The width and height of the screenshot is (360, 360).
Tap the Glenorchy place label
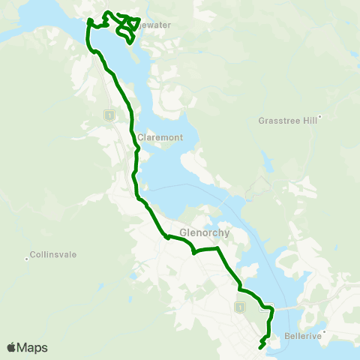(204, 232)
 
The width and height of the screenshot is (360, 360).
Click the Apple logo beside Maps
(11, 347)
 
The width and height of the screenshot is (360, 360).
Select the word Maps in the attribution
(32, 347)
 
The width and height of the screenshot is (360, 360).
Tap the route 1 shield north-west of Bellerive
(240, 307)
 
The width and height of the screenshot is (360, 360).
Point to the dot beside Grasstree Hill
(319, 117)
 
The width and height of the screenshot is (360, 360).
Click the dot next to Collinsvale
(28, 253)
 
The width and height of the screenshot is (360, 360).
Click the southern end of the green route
(260, 347)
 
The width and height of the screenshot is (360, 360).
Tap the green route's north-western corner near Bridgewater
(89, 22)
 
